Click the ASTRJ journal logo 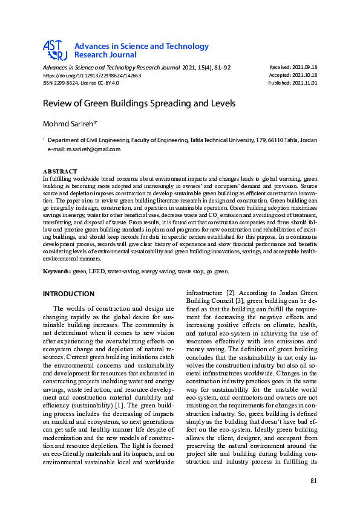pos(54,50)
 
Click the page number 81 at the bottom pos(313,481)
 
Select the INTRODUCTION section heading pos(68,294)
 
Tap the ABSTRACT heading pos(60,172)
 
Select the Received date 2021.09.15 pos(306,66)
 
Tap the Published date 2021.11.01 pos(306,83)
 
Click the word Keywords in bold pos(56,271)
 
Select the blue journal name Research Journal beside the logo pos(105,54)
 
